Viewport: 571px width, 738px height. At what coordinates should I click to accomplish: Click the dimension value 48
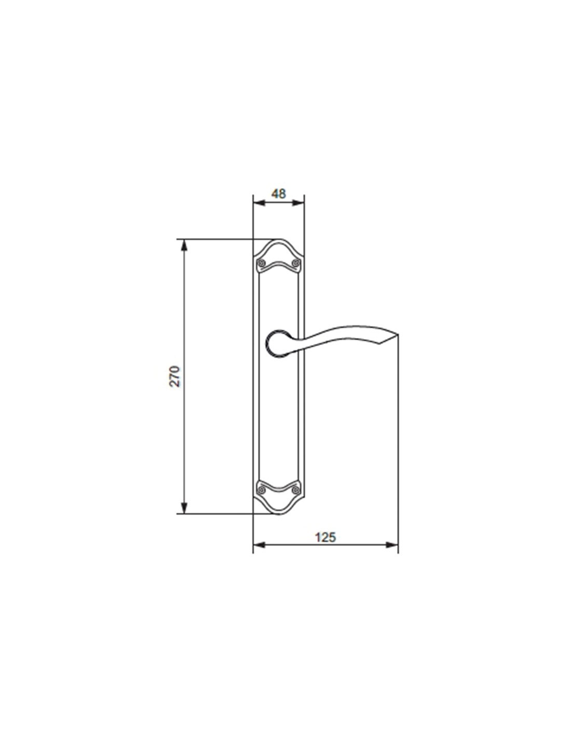click(278, 194)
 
